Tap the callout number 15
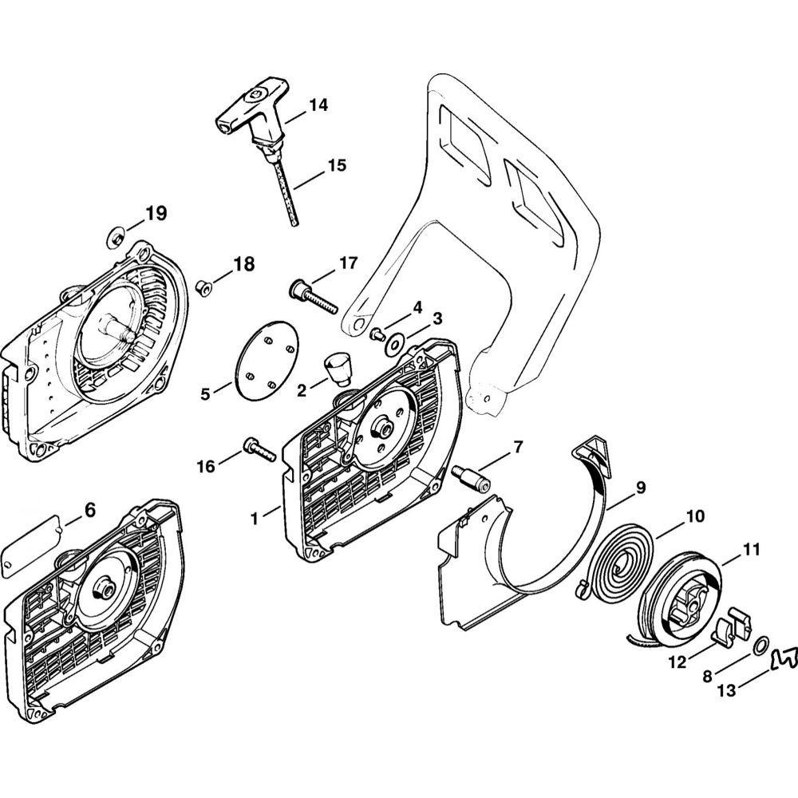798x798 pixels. pyautogui.click(x=337, y=166)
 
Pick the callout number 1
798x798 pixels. pyautogui.click(x=255, y=518)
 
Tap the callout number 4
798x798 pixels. pyautogui.click(x=417, y=306)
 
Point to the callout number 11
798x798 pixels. pyautogui.click(x=751, y=550)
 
